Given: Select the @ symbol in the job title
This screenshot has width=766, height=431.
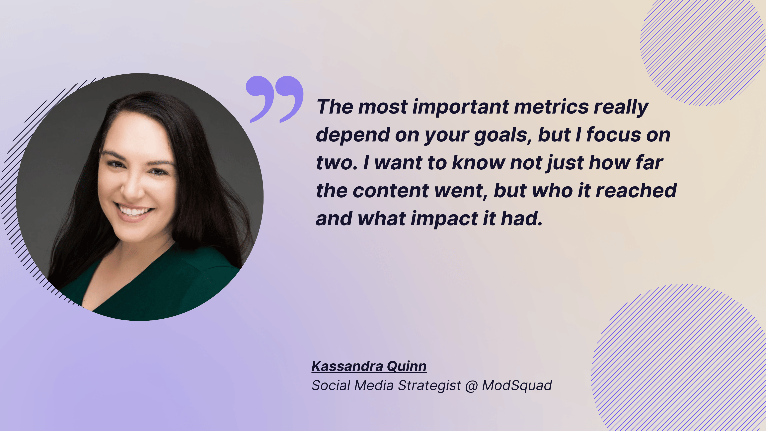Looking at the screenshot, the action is [x=471, y=386].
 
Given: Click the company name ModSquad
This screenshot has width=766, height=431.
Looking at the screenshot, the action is [x=517, y=386].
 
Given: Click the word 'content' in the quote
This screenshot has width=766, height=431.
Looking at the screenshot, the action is [x=390, y=191].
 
